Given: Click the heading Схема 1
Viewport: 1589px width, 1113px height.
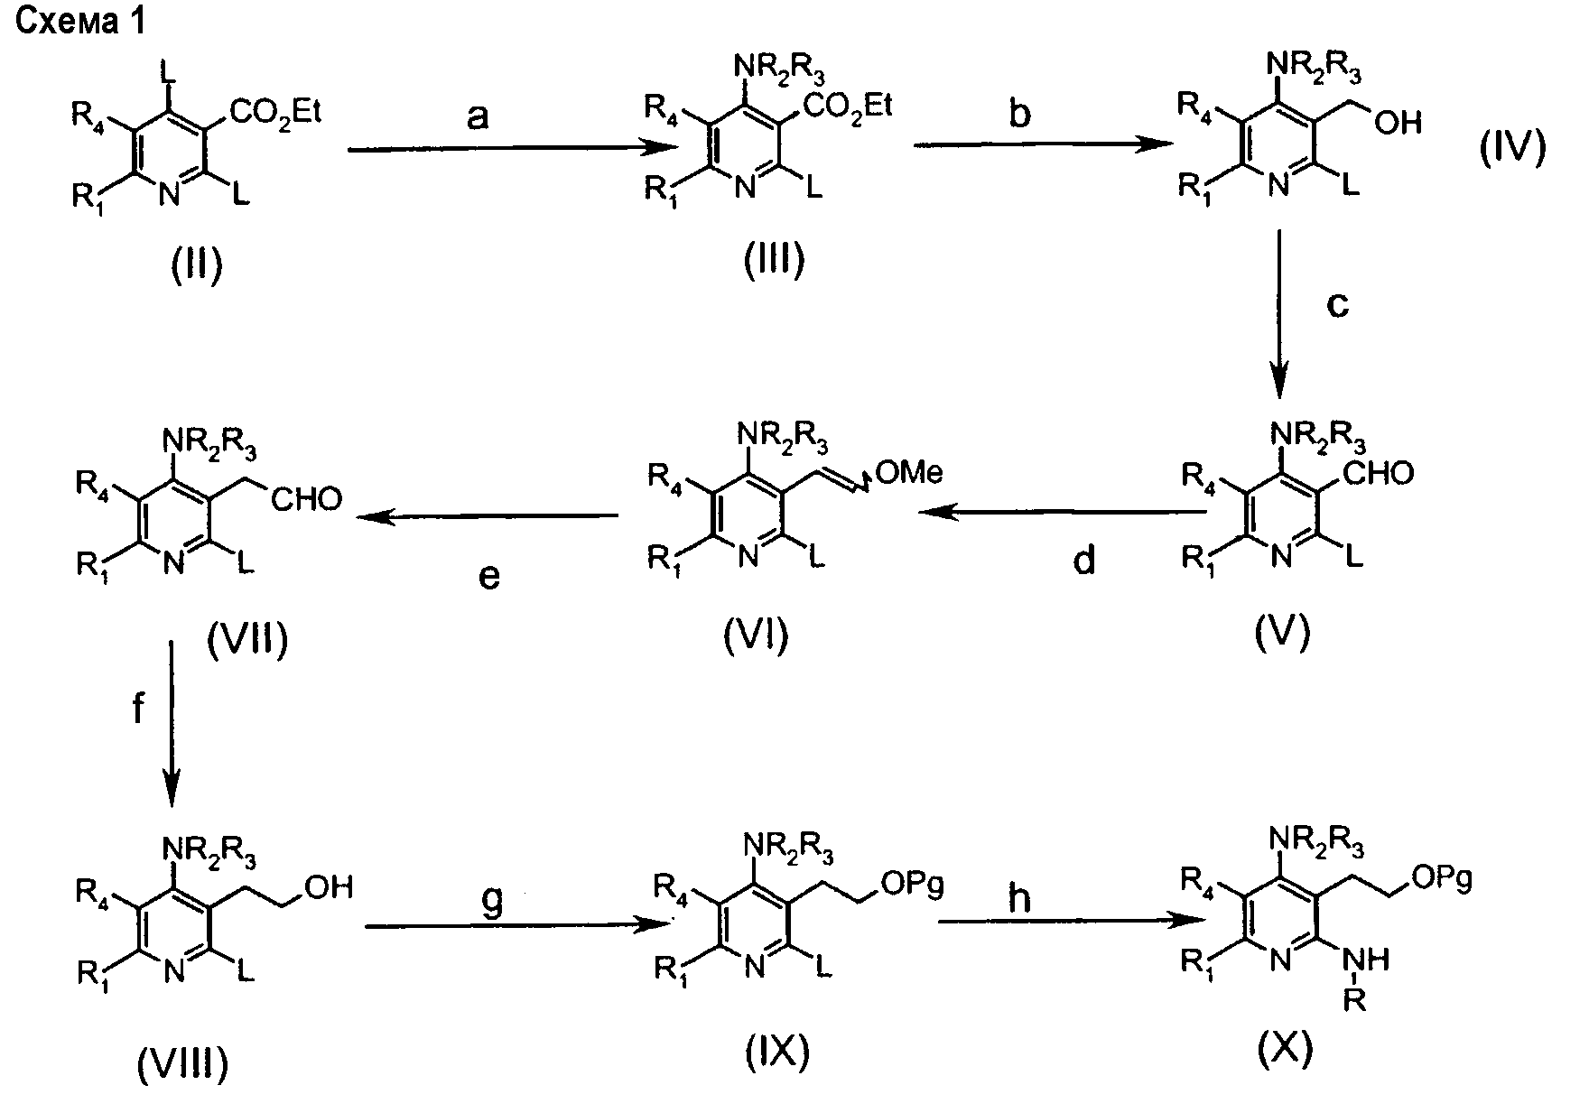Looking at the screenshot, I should pos(80,23).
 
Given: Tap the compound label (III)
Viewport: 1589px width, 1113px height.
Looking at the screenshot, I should pos(774,262).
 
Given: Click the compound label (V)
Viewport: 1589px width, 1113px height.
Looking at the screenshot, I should pos(1281,635).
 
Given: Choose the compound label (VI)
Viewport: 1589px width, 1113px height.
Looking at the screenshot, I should pos(756,635).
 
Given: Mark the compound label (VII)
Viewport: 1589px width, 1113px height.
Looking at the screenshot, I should pos(246,642).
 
